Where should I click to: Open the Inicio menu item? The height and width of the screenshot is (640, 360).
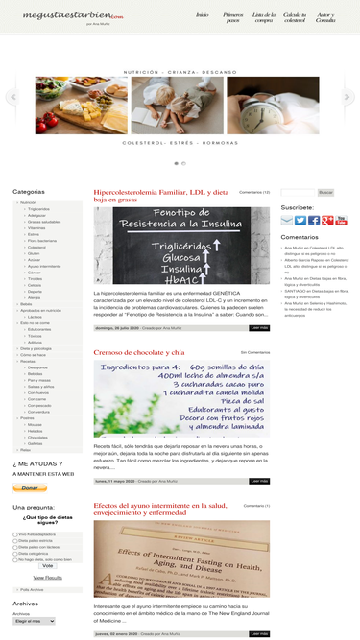click(x=202, y=15)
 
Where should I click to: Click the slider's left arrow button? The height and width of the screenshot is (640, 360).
click(x=12, y=97)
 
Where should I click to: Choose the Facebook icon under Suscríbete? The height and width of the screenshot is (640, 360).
click(x=314, y=220)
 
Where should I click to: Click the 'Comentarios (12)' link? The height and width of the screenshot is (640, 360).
click(x=253, y=192)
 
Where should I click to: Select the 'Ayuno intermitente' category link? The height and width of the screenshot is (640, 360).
click(x=43, y=265)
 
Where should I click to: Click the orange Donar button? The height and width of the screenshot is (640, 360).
click(x=29, y=487)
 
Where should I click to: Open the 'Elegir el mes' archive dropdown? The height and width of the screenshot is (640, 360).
click(x=35, y=621)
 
